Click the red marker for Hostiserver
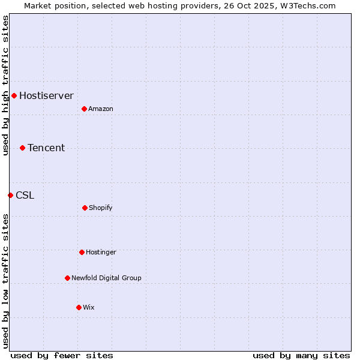click(x=14, y=95)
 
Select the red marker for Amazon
click(x=84, y=109)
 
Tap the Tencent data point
click(x=22, y=148)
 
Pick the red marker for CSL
click(x=10, y=195)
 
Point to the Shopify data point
click(x=85, y=208)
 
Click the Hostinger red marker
click(x=82, y=252)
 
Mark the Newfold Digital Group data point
click(x=67, y=278)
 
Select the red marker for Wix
click(x=79, y=307)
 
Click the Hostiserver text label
click(x=46, y=95)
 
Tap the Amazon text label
click(x=100, y=109)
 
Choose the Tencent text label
click(x=46, y=148)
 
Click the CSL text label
click(x=25, y=195)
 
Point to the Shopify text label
click(x=100, y=208)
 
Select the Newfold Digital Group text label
click(x=106, y=278)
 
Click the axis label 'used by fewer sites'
click(x=62, y=355)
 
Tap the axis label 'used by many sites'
click(x=301, y=355)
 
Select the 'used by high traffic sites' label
click(x=5, y=85)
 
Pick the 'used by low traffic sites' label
click(x=5, y=281)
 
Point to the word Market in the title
click(x=38, y=5)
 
